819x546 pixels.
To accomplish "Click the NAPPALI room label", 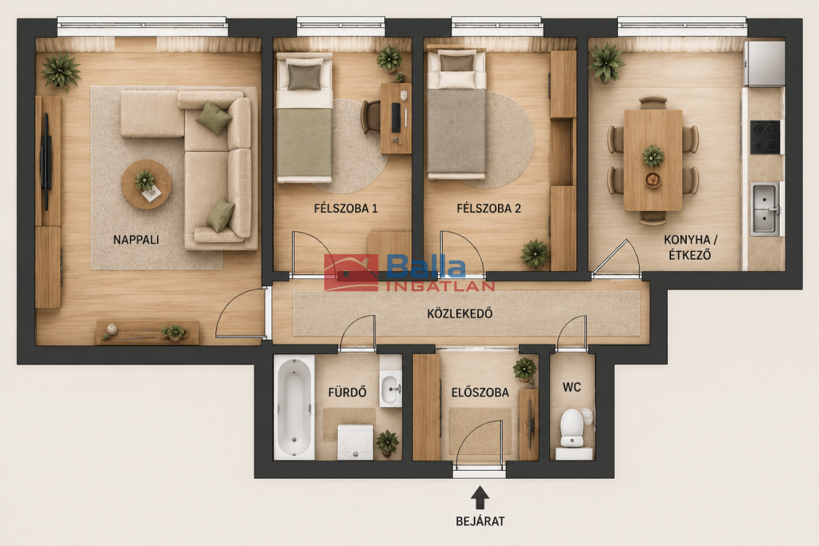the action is pyautogui.click(x=136, y=240).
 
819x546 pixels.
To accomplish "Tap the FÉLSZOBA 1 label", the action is pyautogui.click(x=346, y=209).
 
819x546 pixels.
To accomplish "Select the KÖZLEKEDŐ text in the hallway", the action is pyautogui.click(x=460, y=313).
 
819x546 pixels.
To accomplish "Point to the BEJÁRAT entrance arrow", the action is pyautogui.click(x=480, y=497).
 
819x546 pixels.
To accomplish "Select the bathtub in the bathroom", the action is pyautogui.click(x=294, y=407).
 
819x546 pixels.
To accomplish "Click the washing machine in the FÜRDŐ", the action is pyautogui.click(x=355, y=442).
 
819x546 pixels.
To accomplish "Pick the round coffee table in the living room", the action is pyautogui.click(x=147, y=184).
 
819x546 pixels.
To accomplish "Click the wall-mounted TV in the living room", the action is pyautogui.click(x=46, y=161).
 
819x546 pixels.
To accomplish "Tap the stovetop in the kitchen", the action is pyautogui.click(x=765, y=137).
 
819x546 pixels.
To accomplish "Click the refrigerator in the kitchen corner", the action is pyautogui.click(x=764, y=63).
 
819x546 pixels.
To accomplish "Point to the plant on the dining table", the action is pyautogui.click(x=653, y=156).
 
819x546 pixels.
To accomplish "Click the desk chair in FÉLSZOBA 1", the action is pyautogui.click(x=371, y=117).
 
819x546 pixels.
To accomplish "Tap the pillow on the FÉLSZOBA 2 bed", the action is pyautogui.click(x=457, y=62).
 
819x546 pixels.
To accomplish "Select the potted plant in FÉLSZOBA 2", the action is pyautogui.click(x=534, y=254).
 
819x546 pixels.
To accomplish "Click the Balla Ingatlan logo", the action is pyautogui.click(x=410, y=273).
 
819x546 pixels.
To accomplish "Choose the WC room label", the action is pyautogui.click(x=572, y=388).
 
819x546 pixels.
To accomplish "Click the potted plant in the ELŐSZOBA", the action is pyautogui.click(x=525, y=370).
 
